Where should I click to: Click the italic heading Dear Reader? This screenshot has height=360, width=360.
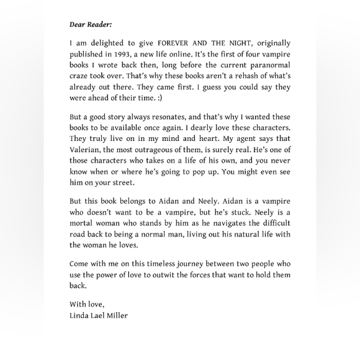coord(91,24)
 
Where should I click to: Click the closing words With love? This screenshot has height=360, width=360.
coord(87,304)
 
